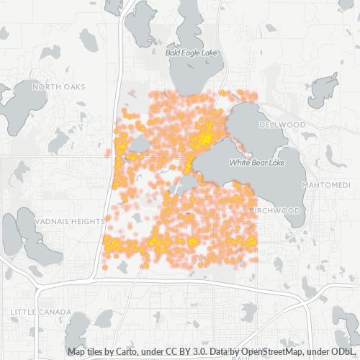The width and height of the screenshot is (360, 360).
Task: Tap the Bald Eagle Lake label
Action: click(190, 53)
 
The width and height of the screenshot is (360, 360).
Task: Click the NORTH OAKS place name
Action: click(58, 87)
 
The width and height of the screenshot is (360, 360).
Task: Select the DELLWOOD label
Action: click(282, 125)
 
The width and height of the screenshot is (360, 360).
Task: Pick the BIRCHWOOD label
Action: click(275, 210)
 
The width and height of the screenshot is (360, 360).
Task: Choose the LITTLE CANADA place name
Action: click(40, 312)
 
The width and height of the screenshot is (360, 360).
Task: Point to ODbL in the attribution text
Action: click(346, 352)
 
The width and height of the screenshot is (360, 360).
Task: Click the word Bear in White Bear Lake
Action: click(258, 163)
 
